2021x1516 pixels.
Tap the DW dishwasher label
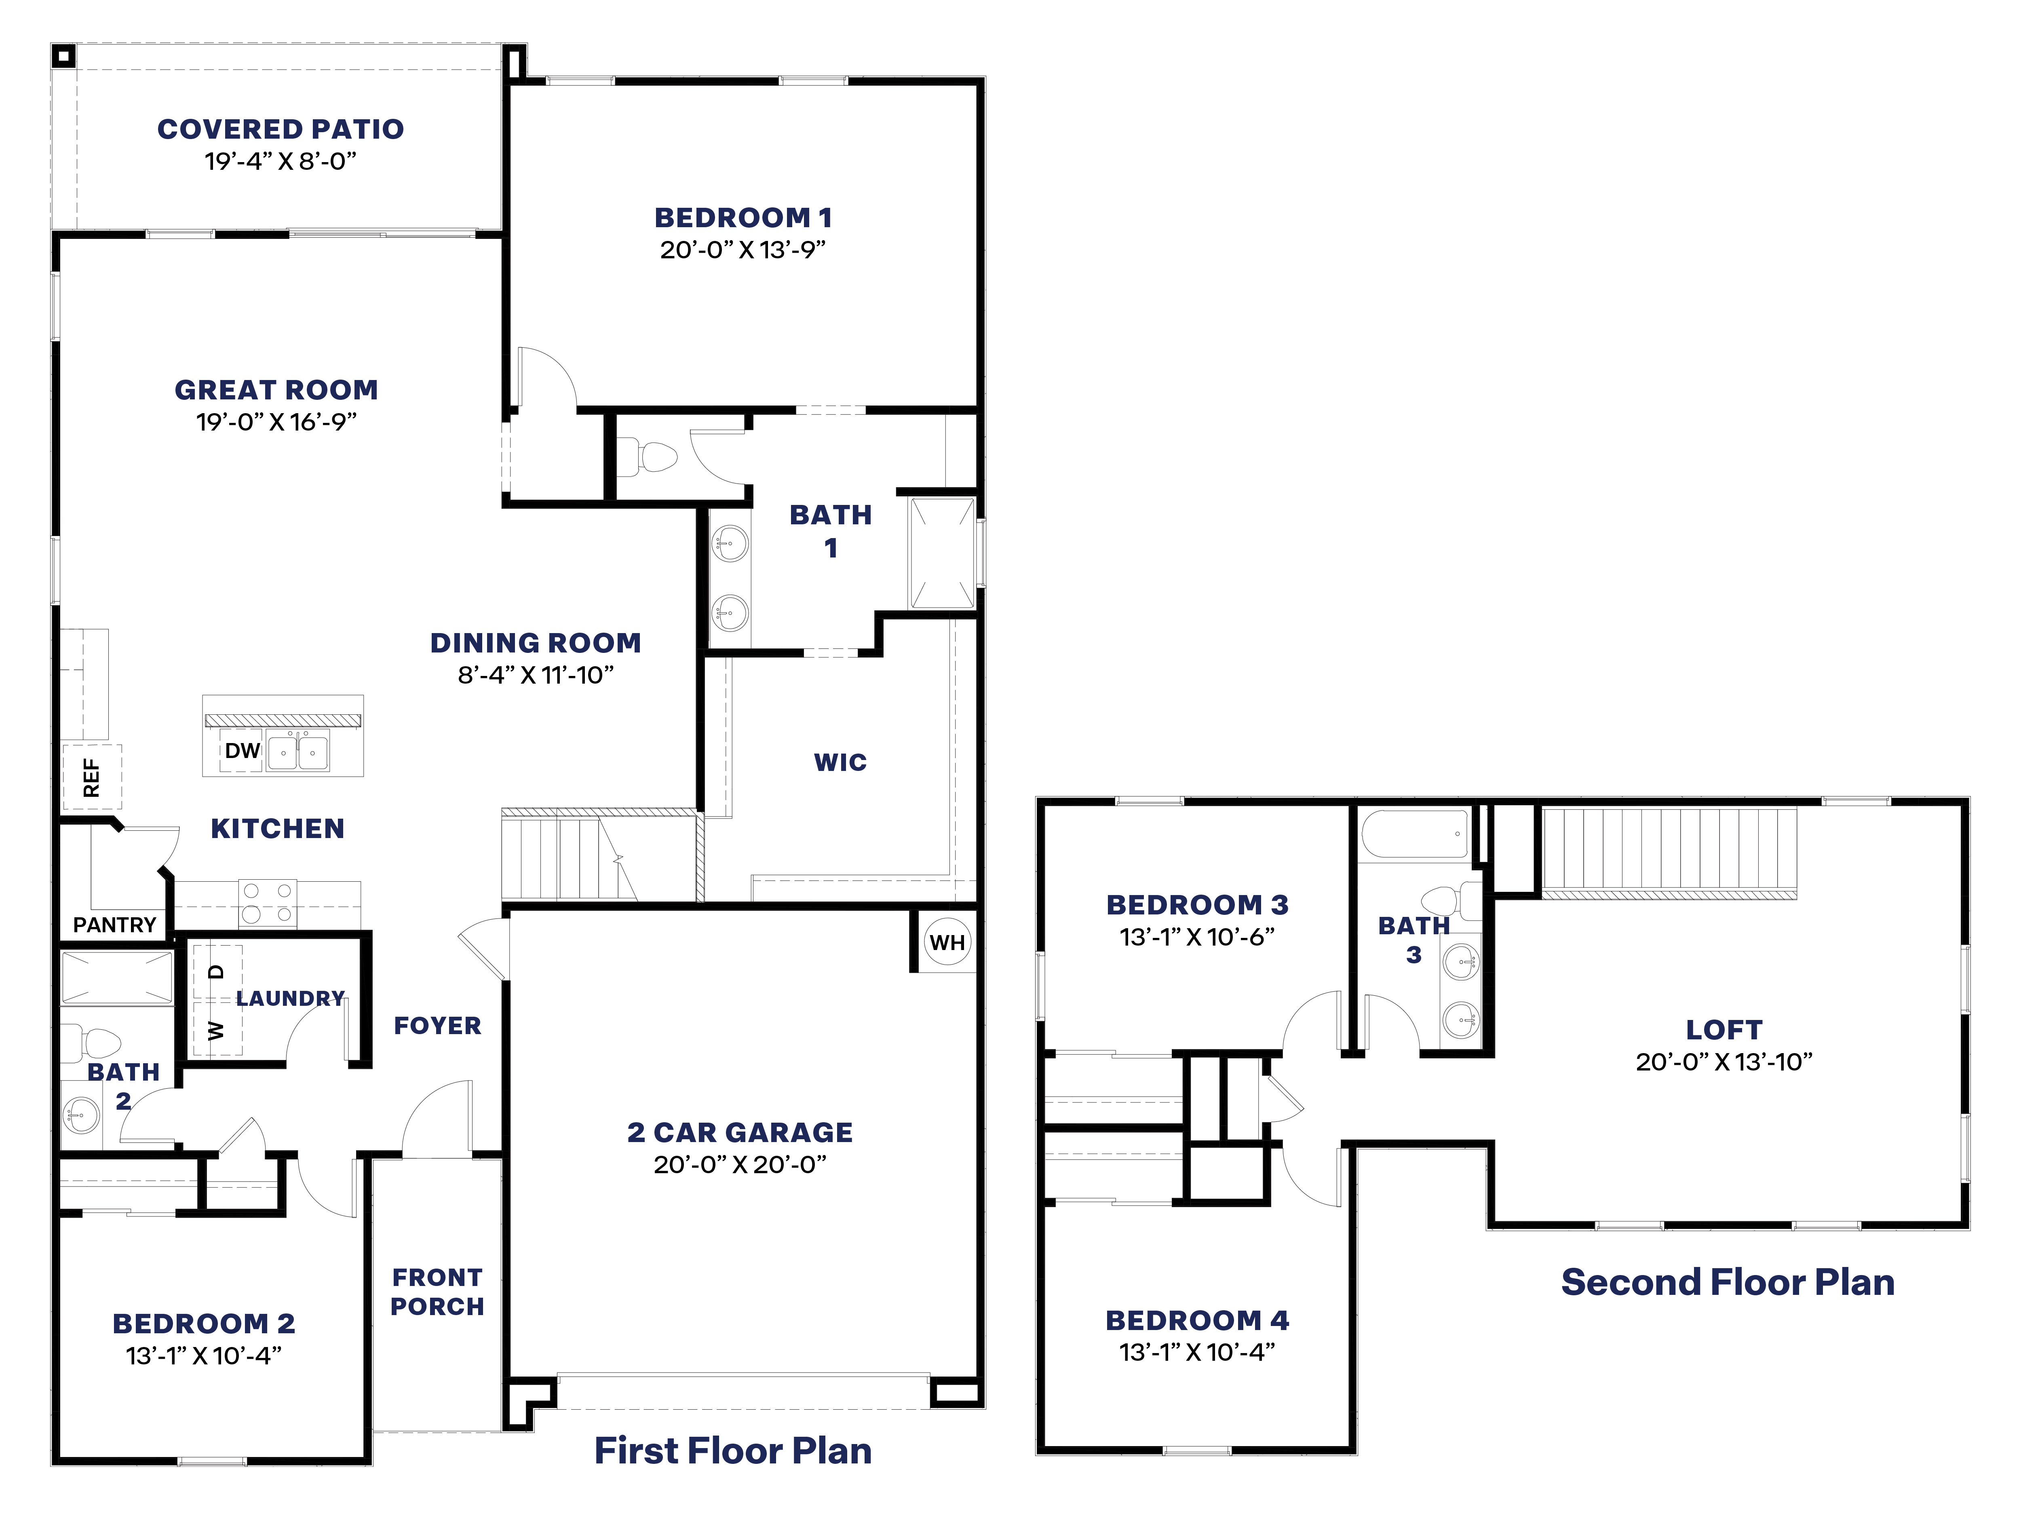pos(242,750)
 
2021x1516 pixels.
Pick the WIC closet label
pos(840,762)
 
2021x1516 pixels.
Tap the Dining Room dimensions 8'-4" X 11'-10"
pos(536,675)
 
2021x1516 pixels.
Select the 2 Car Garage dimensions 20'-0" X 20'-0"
pos(740,1164)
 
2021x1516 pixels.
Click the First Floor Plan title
pos(733,1450)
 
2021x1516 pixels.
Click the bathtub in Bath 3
pos(1414,833)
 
